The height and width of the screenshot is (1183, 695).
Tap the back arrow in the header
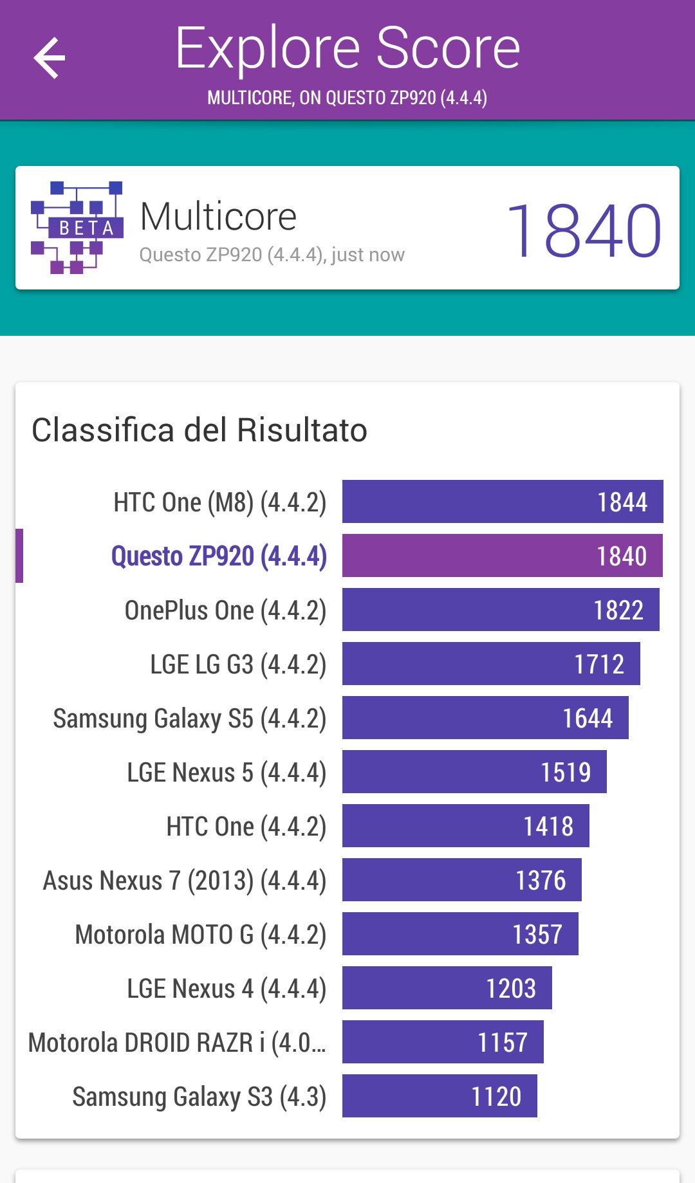(x=50, y=58)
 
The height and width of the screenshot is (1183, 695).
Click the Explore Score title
(x=347, y=48)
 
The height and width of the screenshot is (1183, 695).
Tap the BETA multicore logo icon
(x=77, y=228)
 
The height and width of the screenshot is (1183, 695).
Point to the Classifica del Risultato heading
(x=199, y=430)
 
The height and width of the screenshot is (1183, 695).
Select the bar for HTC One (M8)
(x=502, y=502)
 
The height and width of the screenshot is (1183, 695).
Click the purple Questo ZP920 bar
(x=502, y=556)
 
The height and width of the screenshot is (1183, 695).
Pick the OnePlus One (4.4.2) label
(x=225, y=610)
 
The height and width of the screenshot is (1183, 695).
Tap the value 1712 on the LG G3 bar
(x=599, y=664)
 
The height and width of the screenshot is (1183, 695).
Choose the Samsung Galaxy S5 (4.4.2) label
(x=190, y=718)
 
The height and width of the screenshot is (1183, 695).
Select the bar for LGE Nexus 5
(x=474, y=772)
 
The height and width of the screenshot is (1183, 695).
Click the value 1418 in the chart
(x=548, y=826)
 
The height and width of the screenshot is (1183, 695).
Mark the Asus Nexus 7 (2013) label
(x=185, y=880)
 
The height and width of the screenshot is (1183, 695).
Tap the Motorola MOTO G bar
(x=460, y=934)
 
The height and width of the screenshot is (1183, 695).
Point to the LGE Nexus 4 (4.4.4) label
(x=227, y=988)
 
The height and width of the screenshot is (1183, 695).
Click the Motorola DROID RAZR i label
(x=177, y=1042)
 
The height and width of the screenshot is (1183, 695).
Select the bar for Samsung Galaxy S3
(x=440, y=1096)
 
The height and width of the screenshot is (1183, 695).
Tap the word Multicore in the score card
(x=218, y=216)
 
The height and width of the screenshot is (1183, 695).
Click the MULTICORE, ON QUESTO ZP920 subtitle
(x=347, y=98)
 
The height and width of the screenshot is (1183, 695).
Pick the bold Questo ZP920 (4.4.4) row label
(x=219, y=556)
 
